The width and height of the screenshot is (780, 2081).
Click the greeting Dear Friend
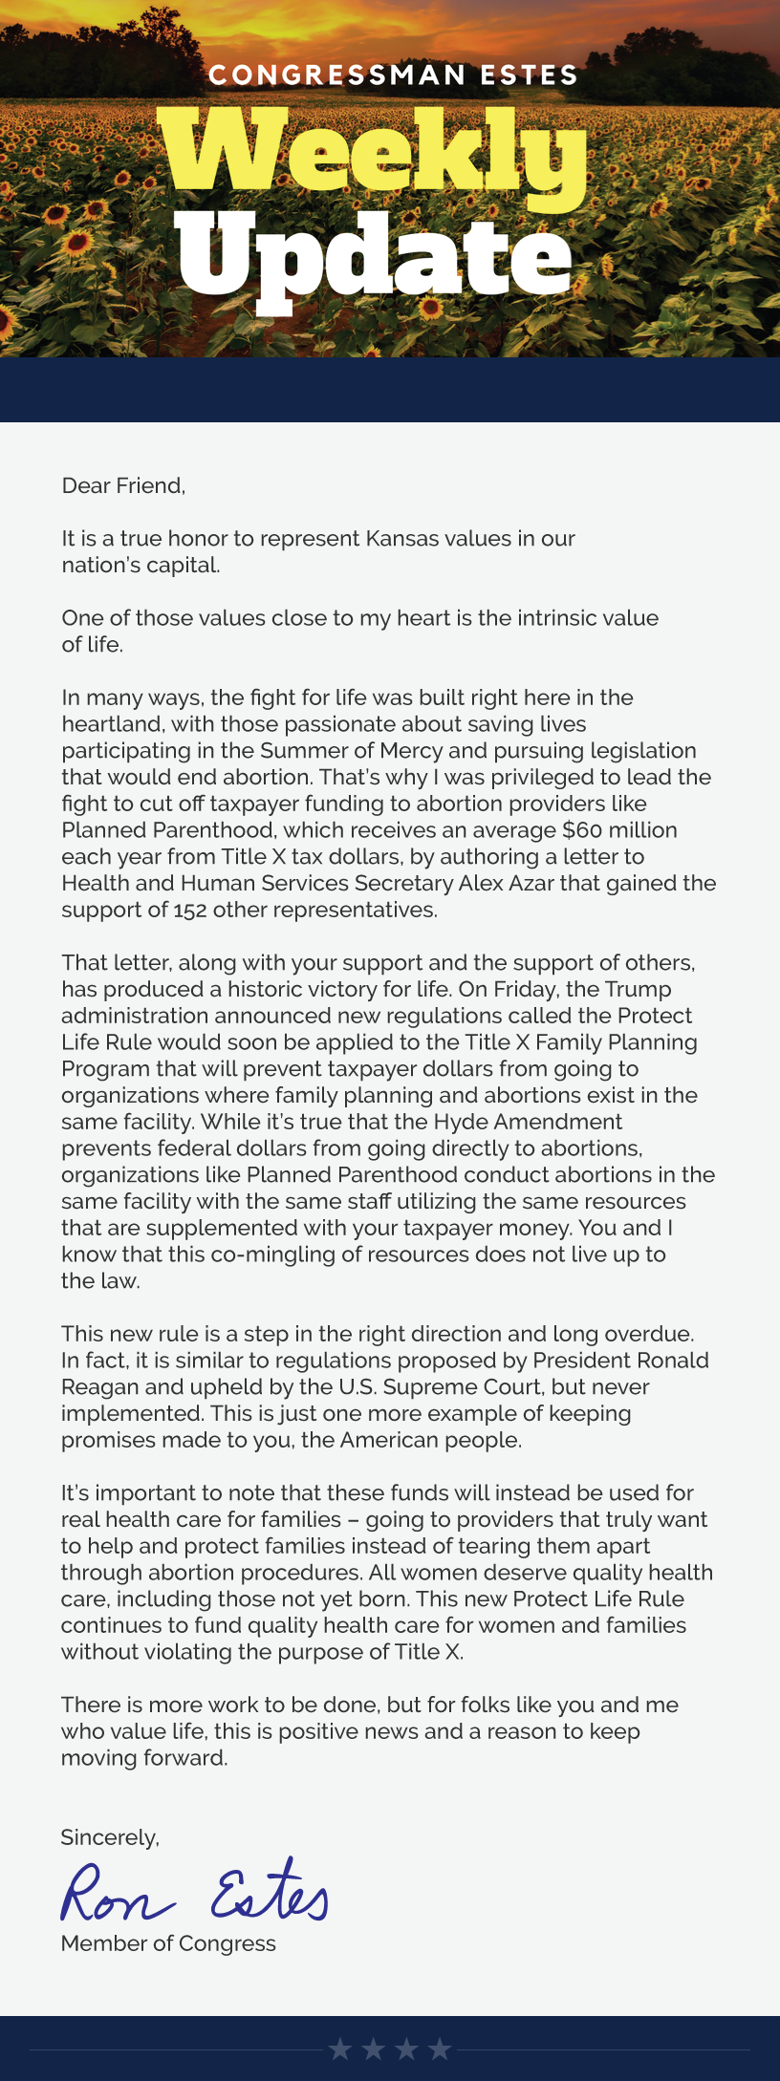point(122,485)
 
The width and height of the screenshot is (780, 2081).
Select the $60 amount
point(583,830)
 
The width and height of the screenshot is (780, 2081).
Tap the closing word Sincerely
point(110,1837)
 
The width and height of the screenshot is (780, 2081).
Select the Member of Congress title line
point(168,1943)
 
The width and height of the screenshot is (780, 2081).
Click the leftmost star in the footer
point(340,2049)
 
